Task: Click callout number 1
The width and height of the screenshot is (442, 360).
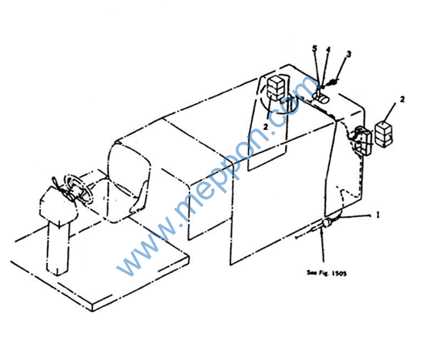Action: click(x=378, y=215)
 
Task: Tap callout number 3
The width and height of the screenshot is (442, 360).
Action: click(x=348, y=54)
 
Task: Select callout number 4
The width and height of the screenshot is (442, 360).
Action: click(x=328, y=50)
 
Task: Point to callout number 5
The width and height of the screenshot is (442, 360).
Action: click(x=315, y=49)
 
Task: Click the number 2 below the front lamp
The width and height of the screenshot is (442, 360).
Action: click(x=266, y=127)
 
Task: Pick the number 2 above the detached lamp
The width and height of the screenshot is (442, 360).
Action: click(x=402, y=99)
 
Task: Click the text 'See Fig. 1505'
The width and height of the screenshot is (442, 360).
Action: click(x=327, y=273)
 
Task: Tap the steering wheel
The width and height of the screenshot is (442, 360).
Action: click(x=79, y=188)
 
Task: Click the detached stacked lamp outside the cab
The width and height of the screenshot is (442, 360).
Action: click(x=383, y=134)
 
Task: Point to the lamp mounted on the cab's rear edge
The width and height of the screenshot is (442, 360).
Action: click(x=362, y=140)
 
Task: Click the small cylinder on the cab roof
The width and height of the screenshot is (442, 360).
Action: click(x=321, y=98)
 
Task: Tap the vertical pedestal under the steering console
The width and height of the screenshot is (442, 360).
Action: click(x=58, y=248)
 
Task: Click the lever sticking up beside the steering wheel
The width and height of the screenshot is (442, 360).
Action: click(x=56, y=184)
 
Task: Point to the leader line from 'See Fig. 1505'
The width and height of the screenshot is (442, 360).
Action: click(x=322, y=246)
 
